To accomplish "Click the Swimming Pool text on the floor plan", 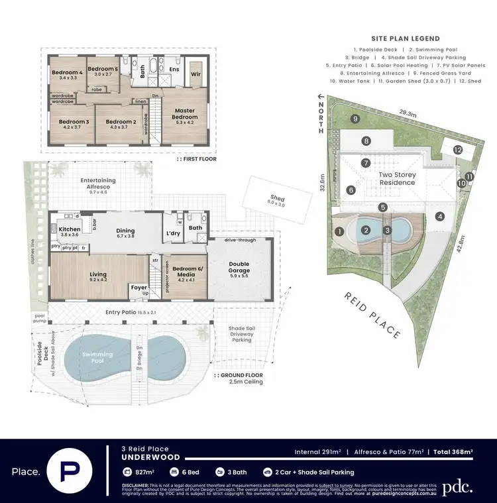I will coord(97,355).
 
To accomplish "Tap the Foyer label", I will coord(139,288).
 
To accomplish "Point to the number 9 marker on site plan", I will coord(356,119).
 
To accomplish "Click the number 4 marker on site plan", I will coord(439,215).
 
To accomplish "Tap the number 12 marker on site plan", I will coord(458,150).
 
